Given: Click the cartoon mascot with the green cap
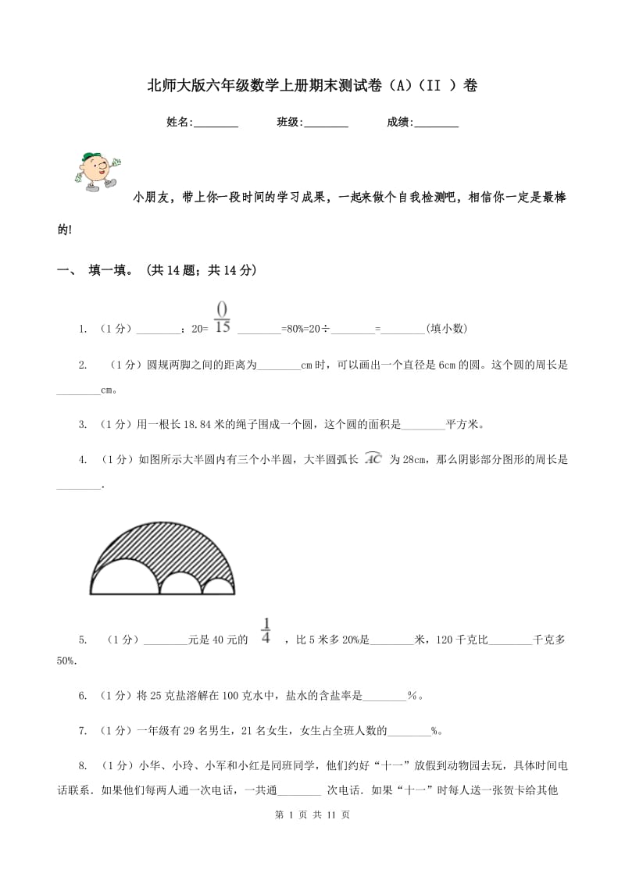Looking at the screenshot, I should (96, 171).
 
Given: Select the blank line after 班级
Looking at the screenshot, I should (326, 123).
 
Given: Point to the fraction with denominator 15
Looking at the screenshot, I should (222, 317).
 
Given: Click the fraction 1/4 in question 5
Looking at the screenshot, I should (266, 631).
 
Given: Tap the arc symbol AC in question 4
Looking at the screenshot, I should (373, 459).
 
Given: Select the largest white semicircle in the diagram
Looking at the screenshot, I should (125, 578).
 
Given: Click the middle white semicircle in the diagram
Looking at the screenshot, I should (180, 583).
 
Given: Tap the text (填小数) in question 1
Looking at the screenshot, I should (447, 329).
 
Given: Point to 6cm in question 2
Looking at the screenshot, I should (448, 365).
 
